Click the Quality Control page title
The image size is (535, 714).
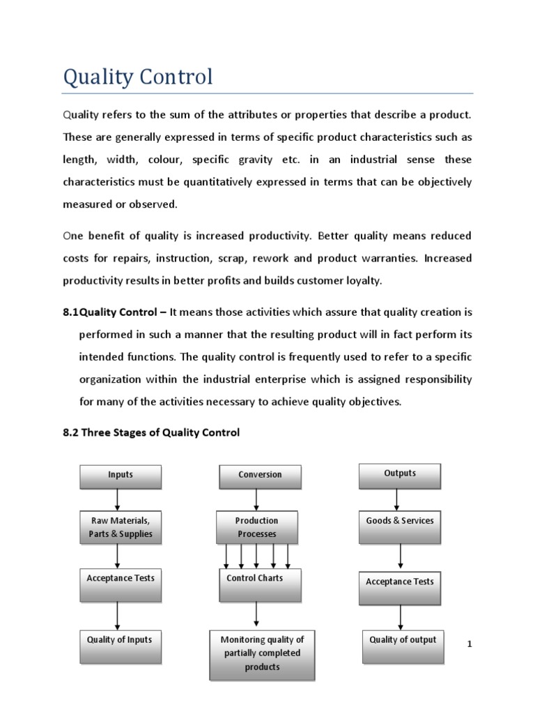tap(137, 77)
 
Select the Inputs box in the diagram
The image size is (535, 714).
tap(121, 476)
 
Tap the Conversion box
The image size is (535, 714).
tap(260, 476)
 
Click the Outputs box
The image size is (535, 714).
tap(400, 474)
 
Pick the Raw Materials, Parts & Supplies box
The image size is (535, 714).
tap(121, 528)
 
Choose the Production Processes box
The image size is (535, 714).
tap(256, 528)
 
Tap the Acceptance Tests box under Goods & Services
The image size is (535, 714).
tap(400, 586)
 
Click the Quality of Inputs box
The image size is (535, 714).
tap(120, 646)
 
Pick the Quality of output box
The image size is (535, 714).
tap(403, 645)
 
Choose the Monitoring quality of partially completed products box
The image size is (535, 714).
tap(262, 654)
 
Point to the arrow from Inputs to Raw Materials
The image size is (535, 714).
tap(118, 500)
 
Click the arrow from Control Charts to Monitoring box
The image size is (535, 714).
tap(257, 614)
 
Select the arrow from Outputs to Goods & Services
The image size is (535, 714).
tap(397, 499)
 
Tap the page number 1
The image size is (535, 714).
tap(470, 644)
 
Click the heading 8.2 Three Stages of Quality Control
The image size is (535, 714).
tap(151, 432)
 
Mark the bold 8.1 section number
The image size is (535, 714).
tap(71, 312)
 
